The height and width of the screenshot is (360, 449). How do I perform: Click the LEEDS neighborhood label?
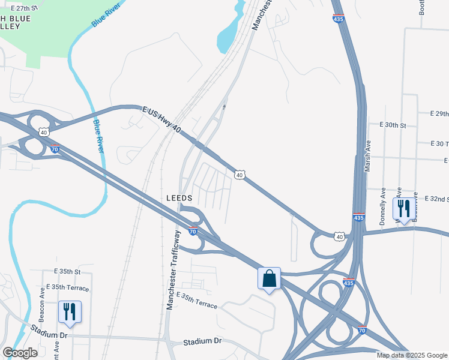coord(179,198)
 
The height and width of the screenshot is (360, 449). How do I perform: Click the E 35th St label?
coord(67,271)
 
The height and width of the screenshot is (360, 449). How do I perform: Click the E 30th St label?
coord(393,125)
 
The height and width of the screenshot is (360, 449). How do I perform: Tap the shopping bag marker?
coord(269,278)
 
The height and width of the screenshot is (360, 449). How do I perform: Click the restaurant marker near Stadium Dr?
coord(70,312)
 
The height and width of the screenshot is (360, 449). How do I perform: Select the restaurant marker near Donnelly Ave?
coord(403,209)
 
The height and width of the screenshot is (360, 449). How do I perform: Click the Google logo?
coord(20,353)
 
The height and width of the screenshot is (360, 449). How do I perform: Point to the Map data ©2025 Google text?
coord(411,355)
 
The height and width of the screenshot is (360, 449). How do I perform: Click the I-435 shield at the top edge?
coord(339,19)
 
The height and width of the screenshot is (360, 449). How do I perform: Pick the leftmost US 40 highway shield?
coord(43,131)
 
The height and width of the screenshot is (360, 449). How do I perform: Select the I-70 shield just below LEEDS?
coord(193,231)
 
